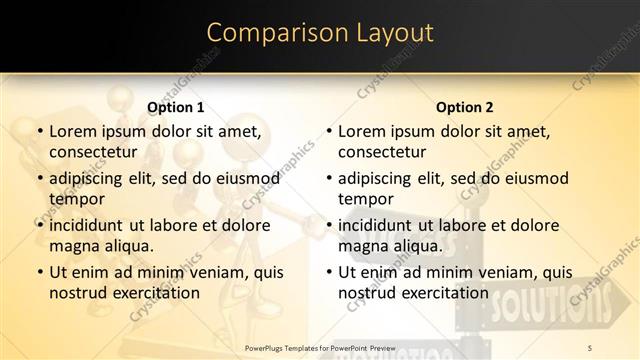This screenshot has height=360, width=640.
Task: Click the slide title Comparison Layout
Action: (x=320, y=33)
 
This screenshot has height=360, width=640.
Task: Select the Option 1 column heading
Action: (x=175, y=107)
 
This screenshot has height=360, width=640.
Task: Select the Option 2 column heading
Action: (x=464, y=107)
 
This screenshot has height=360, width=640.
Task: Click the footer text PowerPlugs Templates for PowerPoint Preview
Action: (x=320, y=347)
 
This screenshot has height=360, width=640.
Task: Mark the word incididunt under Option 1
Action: (x=86, y=225)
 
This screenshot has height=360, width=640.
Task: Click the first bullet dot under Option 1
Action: (x=39, y=131)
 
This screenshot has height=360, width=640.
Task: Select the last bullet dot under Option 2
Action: (x=328, y=272)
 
